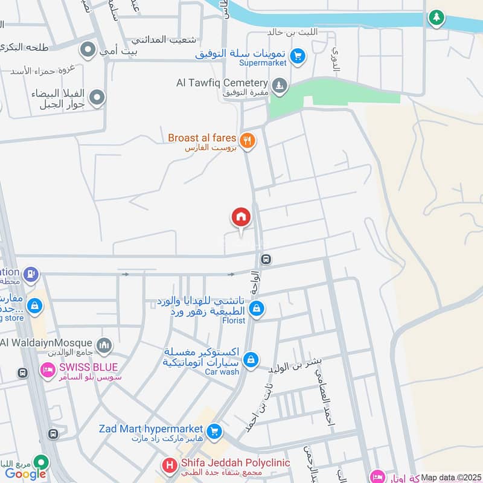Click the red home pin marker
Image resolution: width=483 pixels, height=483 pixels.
point(241,217)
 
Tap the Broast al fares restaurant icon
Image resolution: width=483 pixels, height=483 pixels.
point(247,141)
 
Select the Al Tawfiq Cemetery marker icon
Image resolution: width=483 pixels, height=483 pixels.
point(279,86)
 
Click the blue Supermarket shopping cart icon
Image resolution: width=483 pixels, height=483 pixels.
point(296,57)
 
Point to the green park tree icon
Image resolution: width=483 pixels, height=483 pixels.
point(435,18)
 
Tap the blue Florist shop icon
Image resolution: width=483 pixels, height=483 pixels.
point(257,309)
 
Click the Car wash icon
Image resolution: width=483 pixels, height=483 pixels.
point(251,360)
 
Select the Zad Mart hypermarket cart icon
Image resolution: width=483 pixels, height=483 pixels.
point(213,432)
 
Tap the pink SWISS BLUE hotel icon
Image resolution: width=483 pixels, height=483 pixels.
point(48,369)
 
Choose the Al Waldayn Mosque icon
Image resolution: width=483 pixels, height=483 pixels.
point(104,345)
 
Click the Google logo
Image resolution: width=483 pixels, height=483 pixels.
point(25,473)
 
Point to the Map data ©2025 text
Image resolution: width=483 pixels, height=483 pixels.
point(450,478)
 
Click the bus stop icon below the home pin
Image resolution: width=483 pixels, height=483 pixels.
point(266,260)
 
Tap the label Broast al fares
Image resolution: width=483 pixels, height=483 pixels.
point(202,138)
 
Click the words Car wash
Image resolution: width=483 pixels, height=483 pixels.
point(222,372)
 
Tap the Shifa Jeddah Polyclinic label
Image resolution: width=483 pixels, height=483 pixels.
point(235,463)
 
